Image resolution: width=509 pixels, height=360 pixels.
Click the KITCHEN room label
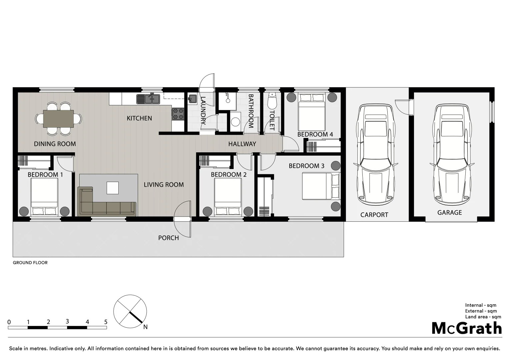pos(139,118)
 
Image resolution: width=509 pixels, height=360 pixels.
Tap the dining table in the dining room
pos(58,119)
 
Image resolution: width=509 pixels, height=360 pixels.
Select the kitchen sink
pos(148,99)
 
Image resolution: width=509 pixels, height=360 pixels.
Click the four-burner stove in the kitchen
pos(178,114)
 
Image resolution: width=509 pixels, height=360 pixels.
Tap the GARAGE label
pos(449,213)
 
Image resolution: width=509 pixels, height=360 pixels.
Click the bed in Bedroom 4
pos(311,112)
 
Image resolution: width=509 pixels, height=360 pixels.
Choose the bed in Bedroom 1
pos(44,197)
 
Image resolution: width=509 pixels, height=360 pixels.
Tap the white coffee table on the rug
pos(112,188)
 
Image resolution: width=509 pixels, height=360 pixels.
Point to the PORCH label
pos(168,238)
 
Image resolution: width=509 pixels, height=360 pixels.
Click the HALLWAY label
pos(242,144)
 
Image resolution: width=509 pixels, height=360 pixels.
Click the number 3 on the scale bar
pos(67,322)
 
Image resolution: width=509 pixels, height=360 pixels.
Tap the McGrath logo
pos(467,328)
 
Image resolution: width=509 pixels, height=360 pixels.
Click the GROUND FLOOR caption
pos(30,263)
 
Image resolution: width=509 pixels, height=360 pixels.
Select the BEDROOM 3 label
pos(306,166)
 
